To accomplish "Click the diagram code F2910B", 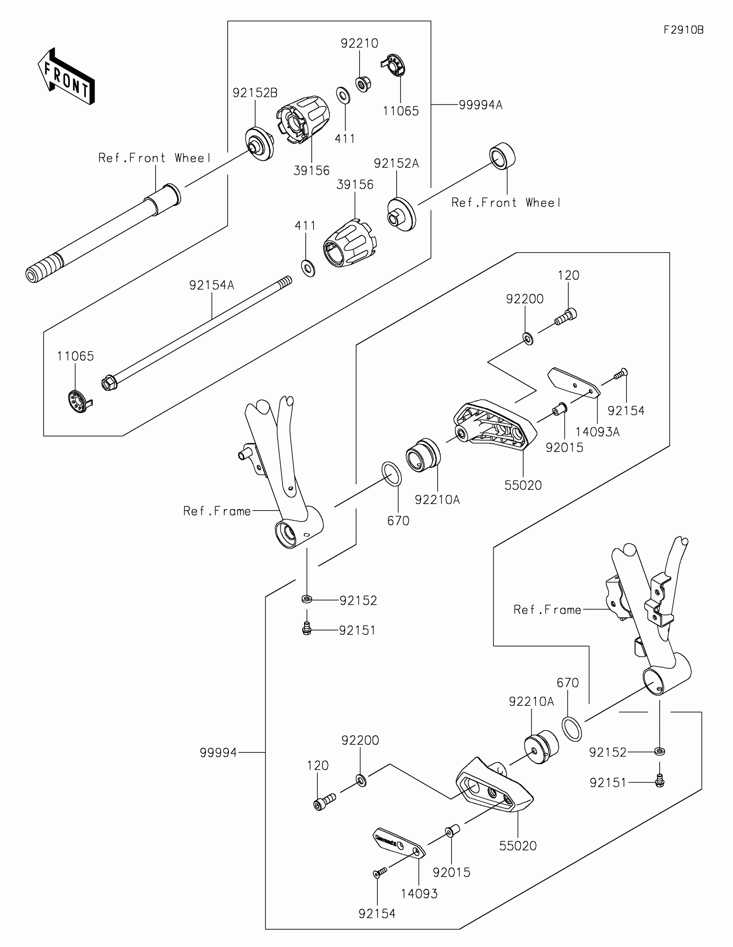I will (x=683, y=30).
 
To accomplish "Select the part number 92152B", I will (x=255, y=93).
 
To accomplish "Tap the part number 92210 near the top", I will (x=359, y=44).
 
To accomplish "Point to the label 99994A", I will (x=480, y=105).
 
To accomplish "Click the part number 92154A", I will (x=212, y=285).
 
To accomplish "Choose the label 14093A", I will (x=597, y=432).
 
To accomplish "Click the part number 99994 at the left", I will (x=219, y=753).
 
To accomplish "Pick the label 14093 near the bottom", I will (x=419, y=894).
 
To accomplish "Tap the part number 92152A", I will (x=396, y=163).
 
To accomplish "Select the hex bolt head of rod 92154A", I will (x=109, y=384).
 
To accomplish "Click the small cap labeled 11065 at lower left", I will (x=78, y=402).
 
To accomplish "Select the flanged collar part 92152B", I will (x=259, y=144).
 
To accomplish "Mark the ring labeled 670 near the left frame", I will (x=392, y=474).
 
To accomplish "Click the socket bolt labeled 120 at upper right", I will (x=566, y=317).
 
